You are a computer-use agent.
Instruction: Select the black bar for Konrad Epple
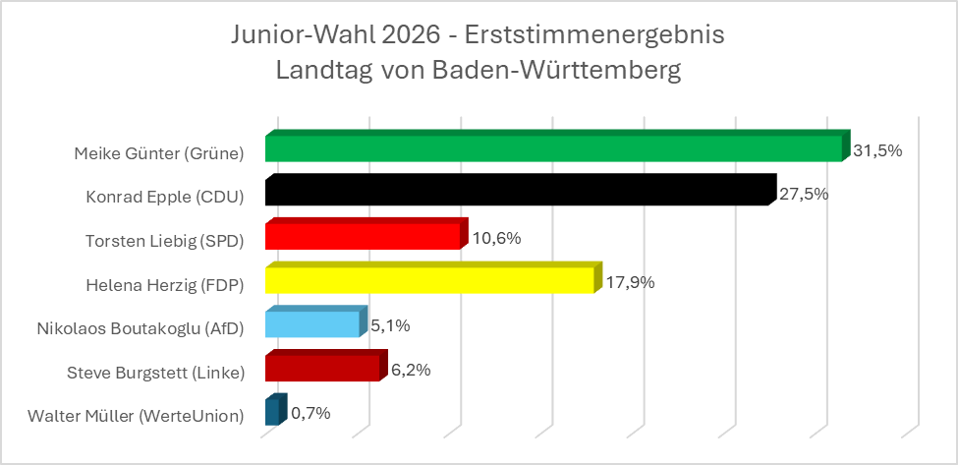coord(518,192)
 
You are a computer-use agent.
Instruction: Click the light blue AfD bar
coord(313,323)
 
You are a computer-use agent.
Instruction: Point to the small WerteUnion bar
coord(274,411)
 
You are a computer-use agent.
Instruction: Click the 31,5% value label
coord(877,150)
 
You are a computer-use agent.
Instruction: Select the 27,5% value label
coord(804,194)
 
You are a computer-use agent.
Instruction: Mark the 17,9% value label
coord(630,282)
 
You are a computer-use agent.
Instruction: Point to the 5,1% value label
coord(391,326)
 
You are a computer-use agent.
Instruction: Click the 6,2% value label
coord(411,370)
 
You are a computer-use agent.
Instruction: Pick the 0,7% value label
coord(310,414)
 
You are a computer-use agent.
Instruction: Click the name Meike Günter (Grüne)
coord(159,153)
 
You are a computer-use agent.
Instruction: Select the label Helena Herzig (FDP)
coord(165,285)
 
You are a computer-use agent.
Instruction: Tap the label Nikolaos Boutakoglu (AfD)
coord(140,328)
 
